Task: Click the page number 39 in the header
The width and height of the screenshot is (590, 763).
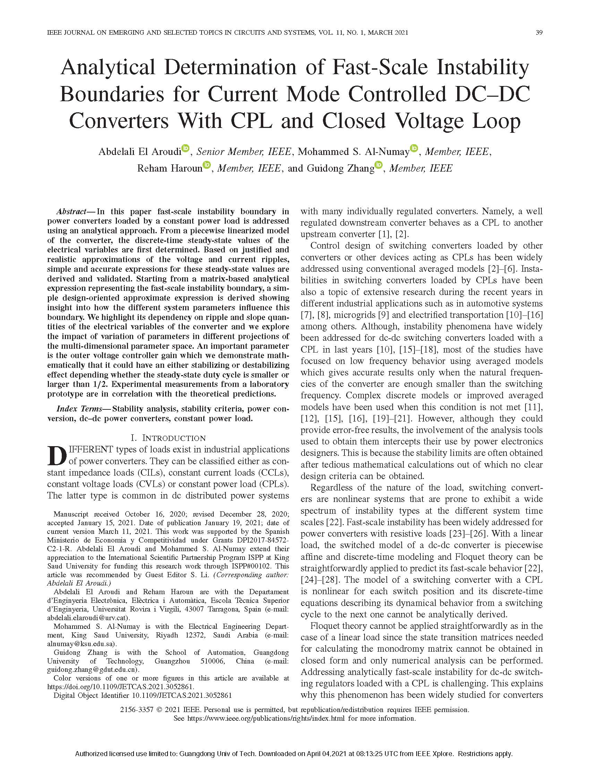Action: coord(539,33)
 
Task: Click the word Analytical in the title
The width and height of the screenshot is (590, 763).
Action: coord(108,68)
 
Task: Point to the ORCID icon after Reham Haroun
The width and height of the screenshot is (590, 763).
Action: coord(207,165)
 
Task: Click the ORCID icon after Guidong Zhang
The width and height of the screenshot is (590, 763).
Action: coord(378,165)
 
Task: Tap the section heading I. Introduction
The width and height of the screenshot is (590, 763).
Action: coord(168,438)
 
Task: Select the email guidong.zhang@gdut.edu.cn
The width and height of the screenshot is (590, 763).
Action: coord(93,670)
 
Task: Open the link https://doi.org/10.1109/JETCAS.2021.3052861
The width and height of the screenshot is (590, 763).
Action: coord(120,687)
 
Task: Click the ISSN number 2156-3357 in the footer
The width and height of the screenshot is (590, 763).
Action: coord(136,710)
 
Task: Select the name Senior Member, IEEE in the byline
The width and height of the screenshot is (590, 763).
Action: coord(243,151)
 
